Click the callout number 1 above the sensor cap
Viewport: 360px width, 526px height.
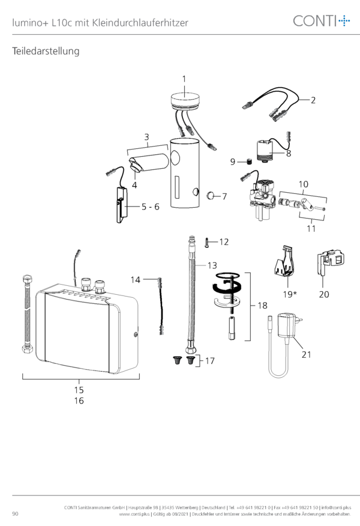click(184, 79)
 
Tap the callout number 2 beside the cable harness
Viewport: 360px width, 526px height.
click(313, 100)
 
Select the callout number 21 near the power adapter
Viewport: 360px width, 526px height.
click(307, 355)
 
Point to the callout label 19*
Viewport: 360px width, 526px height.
click(290, 294)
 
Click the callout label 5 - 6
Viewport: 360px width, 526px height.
click(150, 207)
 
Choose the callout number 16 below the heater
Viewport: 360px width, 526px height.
click(79, 401)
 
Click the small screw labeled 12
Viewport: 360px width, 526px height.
click(207, 242)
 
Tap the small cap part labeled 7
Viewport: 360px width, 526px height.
click(210, 195)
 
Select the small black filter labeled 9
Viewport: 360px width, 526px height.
click(249, 162)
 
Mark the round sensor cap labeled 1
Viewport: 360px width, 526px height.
click(185, 100)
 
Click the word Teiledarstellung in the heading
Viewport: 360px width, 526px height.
click(46, 51)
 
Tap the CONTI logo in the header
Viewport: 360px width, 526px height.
click(322, 21)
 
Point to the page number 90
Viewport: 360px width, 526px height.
click(16, 513)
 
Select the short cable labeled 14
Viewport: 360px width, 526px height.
click(161, 306)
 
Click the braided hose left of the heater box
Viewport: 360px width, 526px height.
click(27, 313)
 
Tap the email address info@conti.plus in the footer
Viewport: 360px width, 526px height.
click(336, 507)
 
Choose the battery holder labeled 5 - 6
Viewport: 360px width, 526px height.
click(122, 205)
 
